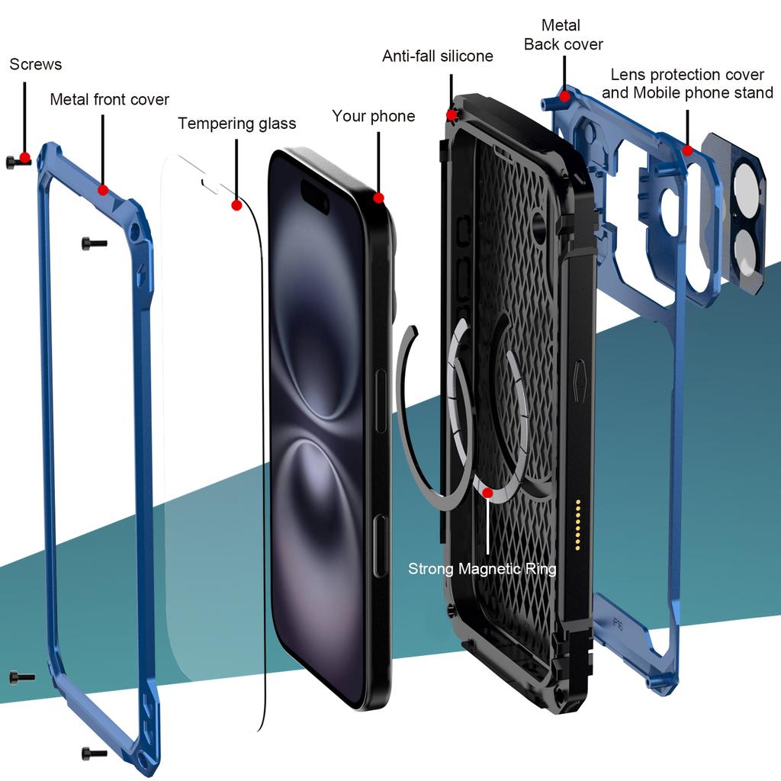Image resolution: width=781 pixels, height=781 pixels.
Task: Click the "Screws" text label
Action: (x=36, y=65)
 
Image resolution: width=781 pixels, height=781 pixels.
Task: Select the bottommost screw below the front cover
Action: (x=95, y=754)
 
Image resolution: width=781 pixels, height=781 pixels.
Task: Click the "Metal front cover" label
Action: (x=110, y=100)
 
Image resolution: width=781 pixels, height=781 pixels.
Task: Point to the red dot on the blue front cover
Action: (x=103, y=190)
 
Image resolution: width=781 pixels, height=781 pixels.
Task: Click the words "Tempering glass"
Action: (x=236, y=124)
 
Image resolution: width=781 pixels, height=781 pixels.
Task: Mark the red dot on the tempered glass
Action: (x=236, y=205)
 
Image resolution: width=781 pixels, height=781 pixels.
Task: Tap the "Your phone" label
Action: (x=373, y=116)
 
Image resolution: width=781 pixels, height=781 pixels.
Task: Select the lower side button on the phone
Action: (x=381, y=545)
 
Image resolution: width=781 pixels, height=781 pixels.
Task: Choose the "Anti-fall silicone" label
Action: (x=438, y=56)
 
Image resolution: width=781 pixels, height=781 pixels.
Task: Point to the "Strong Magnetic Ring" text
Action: (x=482, y=569)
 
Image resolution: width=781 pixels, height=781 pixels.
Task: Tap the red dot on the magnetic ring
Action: (x=487, y=492)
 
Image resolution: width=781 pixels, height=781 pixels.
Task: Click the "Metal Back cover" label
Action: (x=563, y=35)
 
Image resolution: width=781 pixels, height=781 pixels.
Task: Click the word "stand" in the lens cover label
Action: (x=751, y=93)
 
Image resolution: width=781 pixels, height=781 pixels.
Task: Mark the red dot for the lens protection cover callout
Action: (x=687, y=150)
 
